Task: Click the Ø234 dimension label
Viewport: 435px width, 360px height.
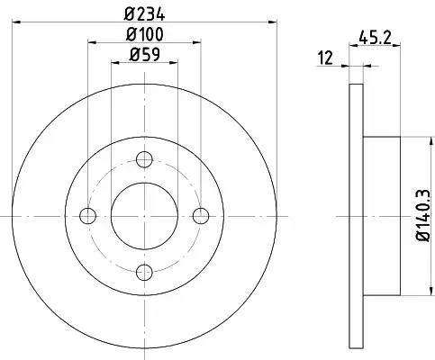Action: tap(144, 14)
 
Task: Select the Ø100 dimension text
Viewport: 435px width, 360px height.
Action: tap(145, 34)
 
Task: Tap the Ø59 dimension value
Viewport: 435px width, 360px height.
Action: tap(144, 55)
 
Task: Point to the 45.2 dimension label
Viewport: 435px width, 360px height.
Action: tap(376, 38)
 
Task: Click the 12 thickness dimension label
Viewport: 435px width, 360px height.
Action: tap(326, 58)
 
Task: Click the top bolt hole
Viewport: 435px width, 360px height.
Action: tap(144, 159)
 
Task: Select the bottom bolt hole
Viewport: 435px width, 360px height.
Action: tap(144, 273)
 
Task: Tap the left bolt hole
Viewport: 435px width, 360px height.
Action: tap(87, 216)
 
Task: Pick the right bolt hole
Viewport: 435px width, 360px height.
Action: tap(201, 216)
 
